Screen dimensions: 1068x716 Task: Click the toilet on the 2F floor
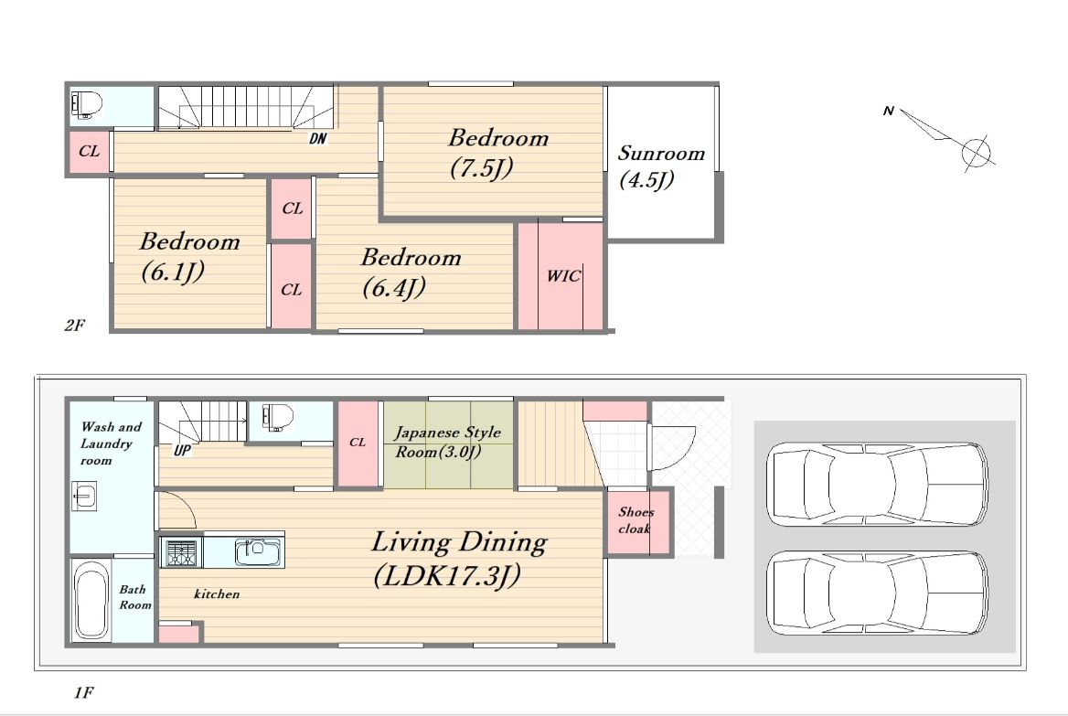[87, 104]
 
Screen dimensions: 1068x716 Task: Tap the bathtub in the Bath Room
[91, 602]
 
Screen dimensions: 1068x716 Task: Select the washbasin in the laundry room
[84, 496]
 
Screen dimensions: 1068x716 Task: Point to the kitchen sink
[258, 551]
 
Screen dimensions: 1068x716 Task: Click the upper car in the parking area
[877, 484]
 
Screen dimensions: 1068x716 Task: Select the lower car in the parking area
[877, 593]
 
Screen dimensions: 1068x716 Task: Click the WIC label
[564, 276]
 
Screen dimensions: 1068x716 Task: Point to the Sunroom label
[661, 154]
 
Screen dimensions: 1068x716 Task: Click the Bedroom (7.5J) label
[498, 153]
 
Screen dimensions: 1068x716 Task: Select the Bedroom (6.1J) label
[189, 256]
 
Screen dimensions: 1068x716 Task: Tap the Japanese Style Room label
[447, 442]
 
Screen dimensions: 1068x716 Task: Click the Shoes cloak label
[635, 519]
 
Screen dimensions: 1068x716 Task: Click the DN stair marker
[318, 139]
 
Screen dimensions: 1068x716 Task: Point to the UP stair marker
[182, 450]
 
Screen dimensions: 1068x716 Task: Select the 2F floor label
[75, 326]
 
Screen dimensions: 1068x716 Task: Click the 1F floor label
[84, 693]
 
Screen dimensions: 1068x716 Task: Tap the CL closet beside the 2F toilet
[90, 151]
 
